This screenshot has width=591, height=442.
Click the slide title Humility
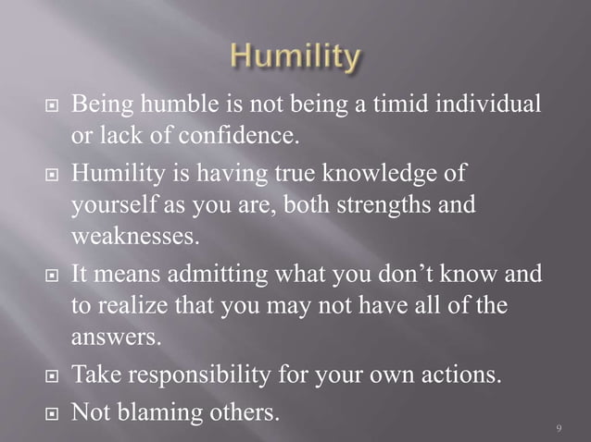pyautogui.click(x=294, y=59)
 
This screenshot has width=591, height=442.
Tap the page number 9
pyautogui.click(x=560, y=428)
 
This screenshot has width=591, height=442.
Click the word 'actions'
pyautogui.click(x=467, y=375)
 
